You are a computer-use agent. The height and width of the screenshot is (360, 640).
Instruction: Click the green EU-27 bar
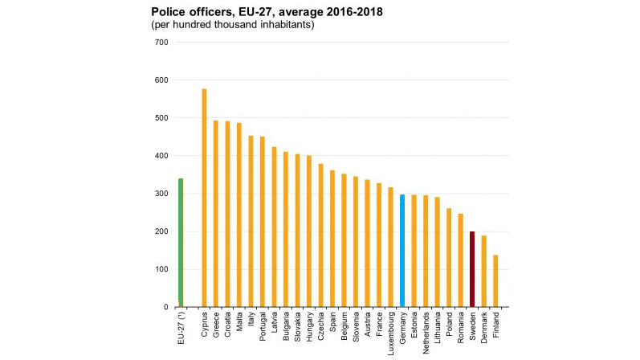tap(181, 242)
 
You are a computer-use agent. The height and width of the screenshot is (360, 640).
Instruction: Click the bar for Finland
tap(495, 280)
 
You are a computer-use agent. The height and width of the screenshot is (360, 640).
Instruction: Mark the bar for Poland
tap(449, 257)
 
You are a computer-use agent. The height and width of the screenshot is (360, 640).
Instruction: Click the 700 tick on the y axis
tap(161, 42)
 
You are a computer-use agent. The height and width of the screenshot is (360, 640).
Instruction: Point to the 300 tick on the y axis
tap(161, 194)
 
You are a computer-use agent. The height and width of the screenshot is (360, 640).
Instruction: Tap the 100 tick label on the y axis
tap(161, 269)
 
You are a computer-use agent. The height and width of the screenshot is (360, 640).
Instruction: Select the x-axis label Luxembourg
tap(391, 333)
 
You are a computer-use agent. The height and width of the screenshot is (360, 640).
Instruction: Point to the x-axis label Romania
tap(461, 329)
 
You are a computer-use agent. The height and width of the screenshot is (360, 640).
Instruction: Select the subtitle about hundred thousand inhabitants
tap(232, 25)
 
